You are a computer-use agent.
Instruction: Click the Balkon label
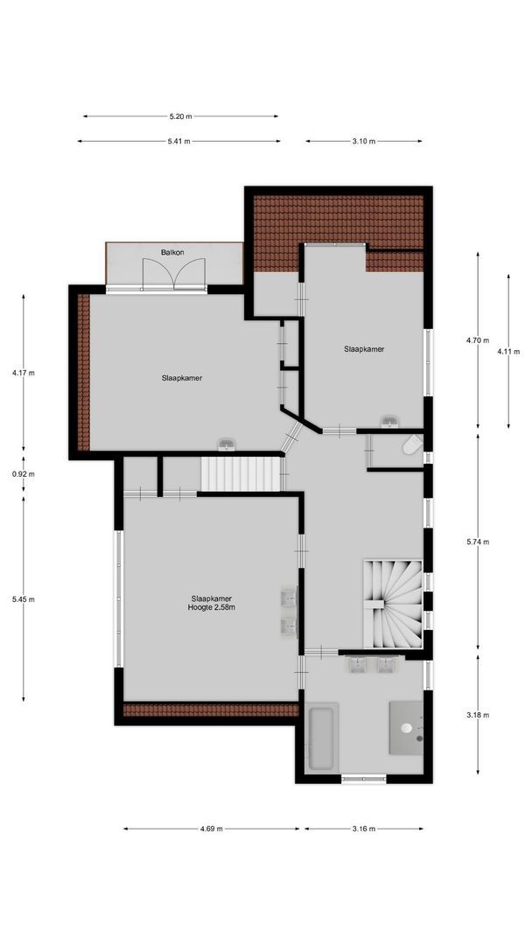pyautogui.click(x=171, y=252)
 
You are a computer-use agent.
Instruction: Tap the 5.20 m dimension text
pyautogui.click(x=181, y=115)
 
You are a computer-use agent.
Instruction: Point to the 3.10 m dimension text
pyautogui.click(x=363, y=141)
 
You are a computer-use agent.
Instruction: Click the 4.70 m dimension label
pyautogui.click(x=478, y=340)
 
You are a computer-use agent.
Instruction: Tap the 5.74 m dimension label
pyautogui.click(x=478, y=542)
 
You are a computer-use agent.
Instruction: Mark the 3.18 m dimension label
pyautogui.click(x=478, y=714)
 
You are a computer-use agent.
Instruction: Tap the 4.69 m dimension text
pyautogui.click(x=211, y=828)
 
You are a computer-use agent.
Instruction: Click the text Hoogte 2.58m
pyautogui.click(x=211, y=606)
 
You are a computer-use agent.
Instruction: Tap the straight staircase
pyautogui.click(x=241, y=474)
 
